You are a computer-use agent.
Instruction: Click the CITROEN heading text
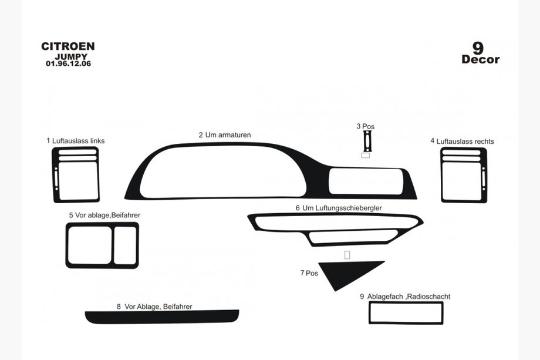68,46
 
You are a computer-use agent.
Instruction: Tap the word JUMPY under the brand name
71,56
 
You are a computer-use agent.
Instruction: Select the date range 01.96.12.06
69,63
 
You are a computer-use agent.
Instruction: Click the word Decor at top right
480,59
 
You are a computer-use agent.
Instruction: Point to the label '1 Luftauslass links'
75,140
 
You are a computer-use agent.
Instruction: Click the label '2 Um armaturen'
225,134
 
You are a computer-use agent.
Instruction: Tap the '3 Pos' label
366,126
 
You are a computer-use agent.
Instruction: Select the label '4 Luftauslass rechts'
462,142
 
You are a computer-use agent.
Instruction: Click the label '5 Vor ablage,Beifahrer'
104,216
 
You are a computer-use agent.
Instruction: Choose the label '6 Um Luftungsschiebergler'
339,208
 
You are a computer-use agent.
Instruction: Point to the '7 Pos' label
309,273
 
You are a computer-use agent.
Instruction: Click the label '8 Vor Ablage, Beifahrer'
154,307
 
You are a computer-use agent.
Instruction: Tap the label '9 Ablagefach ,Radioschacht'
405,296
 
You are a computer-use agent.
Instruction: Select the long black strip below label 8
162,317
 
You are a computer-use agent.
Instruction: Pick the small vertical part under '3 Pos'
367,141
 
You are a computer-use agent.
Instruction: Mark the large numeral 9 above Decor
478,48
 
